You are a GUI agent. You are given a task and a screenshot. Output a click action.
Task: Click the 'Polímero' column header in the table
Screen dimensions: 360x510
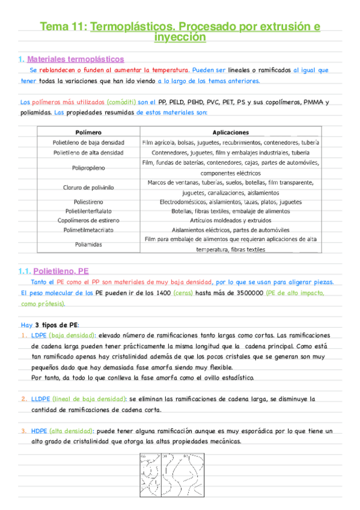88,132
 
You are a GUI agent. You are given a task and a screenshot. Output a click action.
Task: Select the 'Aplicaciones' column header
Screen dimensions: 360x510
230,132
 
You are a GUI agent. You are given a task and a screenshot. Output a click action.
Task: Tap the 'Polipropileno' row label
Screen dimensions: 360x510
88,167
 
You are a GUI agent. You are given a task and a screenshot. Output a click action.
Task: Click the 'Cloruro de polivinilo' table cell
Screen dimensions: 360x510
88,187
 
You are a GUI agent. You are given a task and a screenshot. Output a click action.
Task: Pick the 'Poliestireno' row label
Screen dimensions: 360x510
88,202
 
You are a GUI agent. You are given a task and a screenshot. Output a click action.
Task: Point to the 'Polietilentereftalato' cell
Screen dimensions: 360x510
88,211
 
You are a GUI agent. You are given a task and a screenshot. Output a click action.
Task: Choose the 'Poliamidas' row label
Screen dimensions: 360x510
88,244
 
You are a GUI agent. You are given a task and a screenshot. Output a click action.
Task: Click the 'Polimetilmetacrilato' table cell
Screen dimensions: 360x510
88,230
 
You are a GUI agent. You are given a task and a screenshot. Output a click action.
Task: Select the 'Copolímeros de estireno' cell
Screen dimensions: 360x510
88,220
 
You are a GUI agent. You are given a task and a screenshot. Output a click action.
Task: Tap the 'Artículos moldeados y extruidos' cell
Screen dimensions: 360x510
230,220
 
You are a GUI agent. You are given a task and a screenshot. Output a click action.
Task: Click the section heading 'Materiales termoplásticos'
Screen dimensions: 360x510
76,59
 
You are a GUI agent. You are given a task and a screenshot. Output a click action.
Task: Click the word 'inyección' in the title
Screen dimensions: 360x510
180,37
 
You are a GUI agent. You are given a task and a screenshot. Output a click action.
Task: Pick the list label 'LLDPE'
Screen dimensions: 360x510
41,399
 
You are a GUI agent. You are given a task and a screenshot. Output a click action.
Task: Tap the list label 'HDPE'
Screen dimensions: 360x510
40,431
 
